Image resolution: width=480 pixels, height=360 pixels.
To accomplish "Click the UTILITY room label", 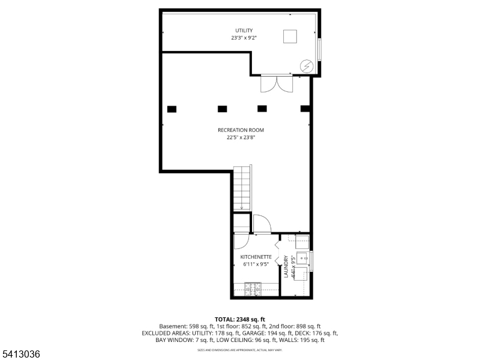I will point(244,31).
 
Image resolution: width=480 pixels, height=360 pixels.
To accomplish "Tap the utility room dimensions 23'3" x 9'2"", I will point(244,38).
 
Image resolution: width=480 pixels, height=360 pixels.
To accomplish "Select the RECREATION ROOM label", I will point(241,130).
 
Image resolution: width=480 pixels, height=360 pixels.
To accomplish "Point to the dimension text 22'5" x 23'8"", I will point(241,137).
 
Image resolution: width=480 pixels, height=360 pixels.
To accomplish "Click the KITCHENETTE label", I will point(256,257).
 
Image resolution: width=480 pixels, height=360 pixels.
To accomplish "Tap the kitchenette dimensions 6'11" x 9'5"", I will point(256,265).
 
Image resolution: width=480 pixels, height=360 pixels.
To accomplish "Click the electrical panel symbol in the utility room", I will point(306,64).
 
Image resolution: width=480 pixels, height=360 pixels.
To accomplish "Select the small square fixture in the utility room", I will point(291,37).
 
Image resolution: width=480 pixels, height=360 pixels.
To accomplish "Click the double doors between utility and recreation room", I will point(277,83).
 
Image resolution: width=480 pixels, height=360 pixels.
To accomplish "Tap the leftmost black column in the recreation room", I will point(172,109).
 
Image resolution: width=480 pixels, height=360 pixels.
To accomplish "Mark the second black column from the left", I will point(222,109).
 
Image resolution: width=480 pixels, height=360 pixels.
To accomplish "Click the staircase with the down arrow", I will point(241,189).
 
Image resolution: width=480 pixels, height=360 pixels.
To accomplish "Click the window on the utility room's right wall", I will point(320,50).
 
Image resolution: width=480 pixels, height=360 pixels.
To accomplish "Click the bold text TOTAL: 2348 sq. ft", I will point(240,319).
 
